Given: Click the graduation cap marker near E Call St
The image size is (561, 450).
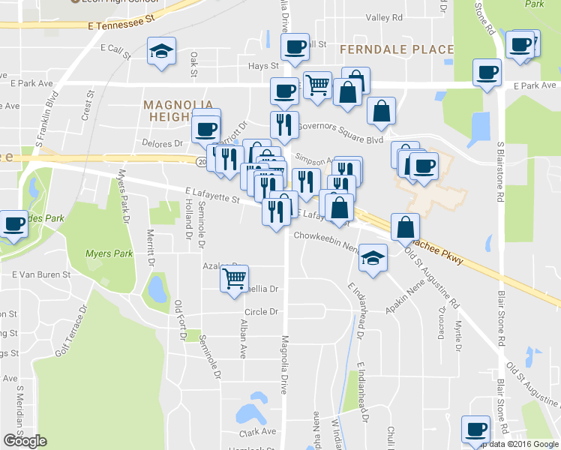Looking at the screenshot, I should tap(161, 51).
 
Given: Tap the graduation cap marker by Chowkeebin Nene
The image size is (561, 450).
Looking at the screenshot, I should tap(372, 258).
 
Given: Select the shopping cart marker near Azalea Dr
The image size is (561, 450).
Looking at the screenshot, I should tap(234, 279).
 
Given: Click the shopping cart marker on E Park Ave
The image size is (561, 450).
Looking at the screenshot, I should tap(317, 85).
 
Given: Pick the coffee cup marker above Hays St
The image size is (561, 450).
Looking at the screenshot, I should tap(295, 48).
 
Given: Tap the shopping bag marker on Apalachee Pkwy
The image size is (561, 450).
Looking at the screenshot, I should tap(405, 226).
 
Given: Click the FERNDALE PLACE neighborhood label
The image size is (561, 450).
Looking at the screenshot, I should tap(397, 49).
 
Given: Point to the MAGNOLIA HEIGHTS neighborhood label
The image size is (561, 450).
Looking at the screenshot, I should tap(178, 110).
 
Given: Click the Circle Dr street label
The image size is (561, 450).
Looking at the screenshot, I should tap(261, 311).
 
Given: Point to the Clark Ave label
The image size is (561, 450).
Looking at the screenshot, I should tap(257, 432).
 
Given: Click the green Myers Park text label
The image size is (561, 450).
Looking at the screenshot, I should tap(109, 253).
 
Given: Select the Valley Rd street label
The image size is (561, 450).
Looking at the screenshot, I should tap(383, 17).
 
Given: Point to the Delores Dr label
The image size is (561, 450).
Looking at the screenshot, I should tap(163, 142).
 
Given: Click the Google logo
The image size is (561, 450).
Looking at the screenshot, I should tap(25, 441).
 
